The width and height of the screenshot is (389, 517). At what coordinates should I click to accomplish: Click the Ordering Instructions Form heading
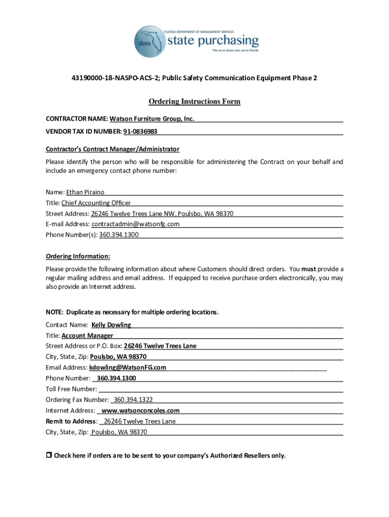coord(194,102)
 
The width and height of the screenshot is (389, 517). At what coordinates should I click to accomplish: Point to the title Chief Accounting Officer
coord(96,203)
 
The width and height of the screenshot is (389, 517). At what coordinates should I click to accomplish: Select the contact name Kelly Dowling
coord(111,325)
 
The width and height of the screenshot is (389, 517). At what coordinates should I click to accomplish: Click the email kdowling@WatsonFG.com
coord(128,368)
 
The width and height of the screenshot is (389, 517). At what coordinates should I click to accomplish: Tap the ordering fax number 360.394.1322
coord(133,400)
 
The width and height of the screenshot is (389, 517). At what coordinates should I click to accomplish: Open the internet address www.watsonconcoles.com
coord(140,410)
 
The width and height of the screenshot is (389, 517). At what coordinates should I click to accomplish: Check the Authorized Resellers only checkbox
coord(49,455)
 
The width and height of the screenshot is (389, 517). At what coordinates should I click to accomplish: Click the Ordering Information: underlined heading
coord(78,256)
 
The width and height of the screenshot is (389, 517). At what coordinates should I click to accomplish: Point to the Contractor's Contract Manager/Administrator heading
coord(112,149)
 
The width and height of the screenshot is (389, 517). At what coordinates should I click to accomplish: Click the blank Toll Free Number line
coord(221,389)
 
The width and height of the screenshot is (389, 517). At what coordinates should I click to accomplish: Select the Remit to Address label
coord(71,421)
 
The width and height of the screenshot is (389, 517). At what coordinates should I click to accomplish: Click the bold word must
coord(309,269)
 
